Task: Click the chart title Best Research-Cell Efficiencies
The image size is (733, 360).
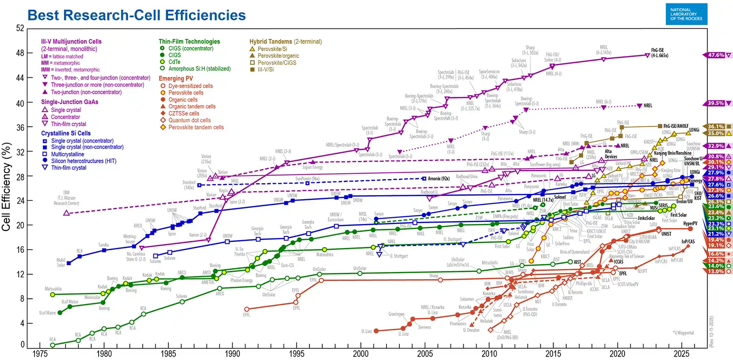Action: click(x=136, y=15)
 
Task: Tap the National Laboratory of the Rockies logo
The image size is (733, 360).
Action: click(x=686, y=14)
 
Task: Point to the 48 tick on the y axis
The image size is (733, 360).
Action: click(x=20, y=53)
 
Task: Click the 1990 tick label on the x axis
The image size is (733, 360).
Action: click(x=232, y=354)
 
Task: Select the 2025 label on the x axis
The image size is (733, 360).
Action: click(x=681, y=354)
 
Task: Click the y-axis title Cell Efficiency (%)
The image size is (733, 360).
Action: click(x=6, y=187)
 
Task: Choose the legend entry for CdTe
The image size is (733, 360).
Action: click(x=174, y=62)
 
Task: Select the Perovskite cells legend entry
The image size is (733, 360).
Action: click(x=186, y=93)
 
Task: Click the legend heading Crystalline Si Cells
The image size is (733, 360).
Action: click(x=66, y=133)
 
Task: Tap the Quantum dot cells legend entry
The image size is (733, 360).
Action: click(x=189, y=120)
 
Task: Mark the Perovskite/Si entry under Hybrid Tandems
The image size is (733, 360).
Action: click(x=272, y=49)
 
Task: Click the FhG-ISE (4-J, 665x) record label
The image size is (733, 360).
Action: click(x=659, y=53)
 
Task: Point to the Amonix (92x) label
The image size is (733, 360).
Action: click(x=438, y=179)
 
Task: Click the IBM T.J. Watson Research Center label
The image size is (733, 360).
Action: click(x=66, y=198)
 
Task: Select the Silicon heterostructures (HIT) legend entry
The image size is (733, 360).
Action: click(x=83, y=161)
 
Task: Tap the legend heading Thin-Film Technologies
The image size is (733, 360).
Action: click(x=189, y=41)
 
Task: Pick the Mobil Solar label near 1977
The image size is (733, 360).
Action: click(x=61, y=262)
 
